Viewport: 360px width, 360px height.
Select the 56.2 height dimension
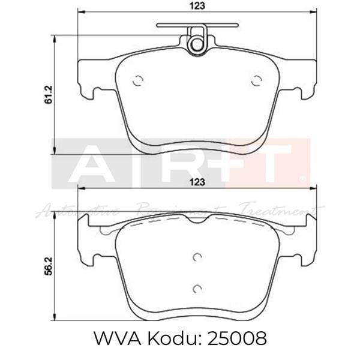[49, 264]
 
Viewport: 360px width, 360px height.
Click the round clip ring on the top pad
[196, 44]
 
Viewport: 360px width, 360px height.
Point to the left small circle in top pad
[138, 81]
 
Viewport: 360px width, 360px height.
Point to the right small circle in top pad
[256, 81]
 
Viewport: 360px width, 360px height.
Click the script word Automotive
[78, 211]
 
